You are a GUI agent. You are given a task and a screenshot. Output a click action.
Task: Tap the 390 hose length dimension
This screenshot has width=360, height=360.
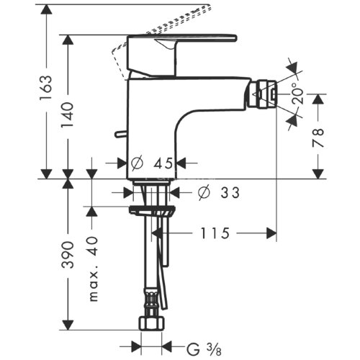click(x=68, y=256)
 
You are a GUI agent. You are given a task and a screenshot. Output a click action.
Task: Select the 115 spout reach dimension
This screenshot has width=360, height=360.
click(x=214, y=233)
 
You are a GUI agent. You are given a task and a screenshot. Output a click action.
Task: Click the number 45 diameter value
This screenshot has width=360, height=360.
click(x=164, y=162)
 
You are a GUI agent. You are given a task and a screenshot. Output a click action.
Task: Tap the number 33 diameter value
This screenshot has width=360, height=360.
click(x=229, y=192)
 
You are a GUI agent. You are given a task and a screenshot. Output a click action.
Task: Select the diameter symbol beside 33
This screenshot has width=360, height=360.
click(x=203, y=192)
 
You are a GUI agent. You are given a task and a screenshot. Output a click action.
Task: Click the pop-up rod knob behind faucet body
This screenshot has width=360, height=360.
click(x=117, y=133)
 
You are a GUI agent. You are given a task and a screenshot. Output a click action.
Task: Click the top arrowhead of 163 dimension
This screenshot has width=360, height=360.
click(x=46, y=9)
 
